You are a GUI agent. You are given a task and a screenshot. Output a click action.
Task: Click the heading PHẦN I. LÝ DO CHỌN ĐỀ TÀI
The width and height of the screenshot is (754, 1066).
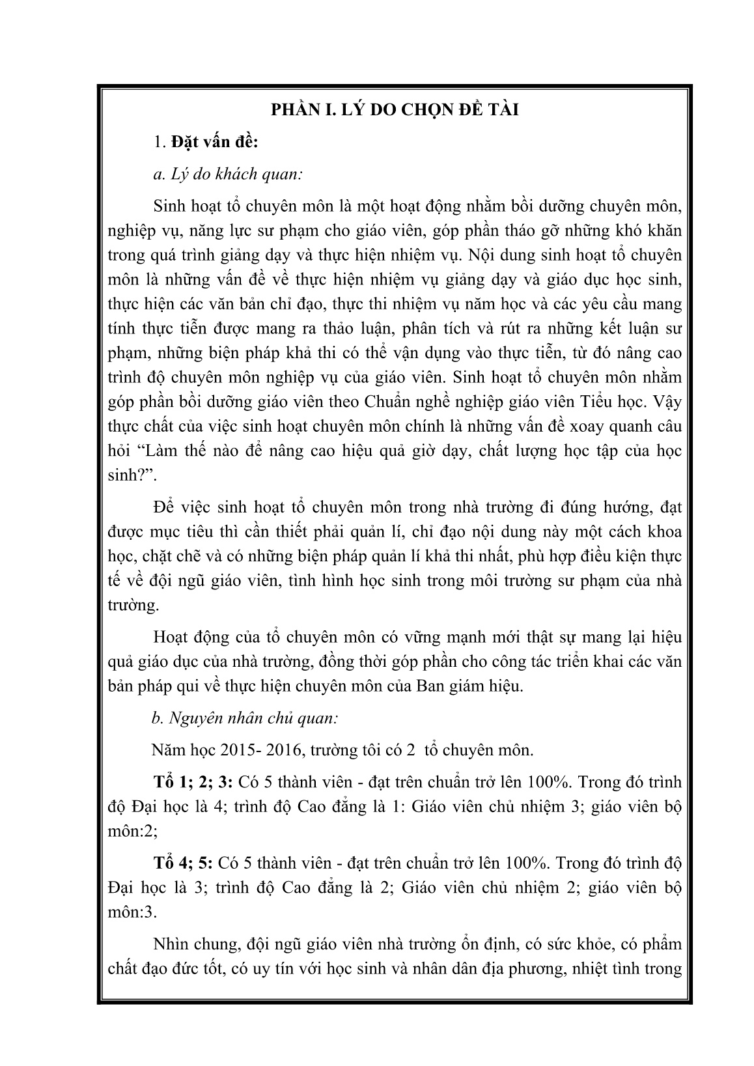click(395, 110)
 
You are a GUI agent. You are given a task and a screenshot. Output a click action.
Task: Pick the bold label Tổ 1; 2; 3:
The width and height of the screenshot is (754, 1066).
click(191, 781)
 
